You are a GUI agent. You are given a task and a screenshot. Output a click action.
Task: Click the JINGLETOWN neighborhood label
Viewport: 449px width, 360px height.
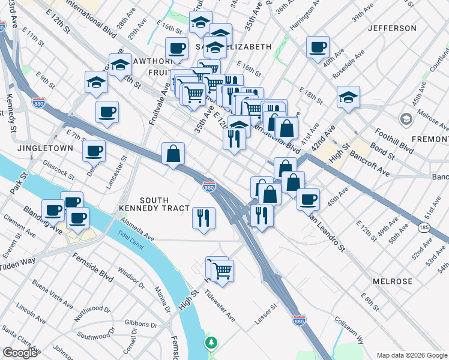click(45, 148)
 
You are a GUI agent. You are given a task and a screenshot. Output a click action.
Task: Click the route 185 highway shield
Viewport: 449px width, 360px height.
click(423, 227)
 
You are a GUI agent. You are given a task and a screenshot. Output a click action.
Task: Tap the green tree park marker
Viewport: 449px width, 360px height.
click(211, 343)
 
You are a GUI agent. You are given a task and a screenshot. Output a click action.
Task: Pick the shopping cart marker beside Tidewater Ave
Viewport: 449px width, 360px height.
click(222, 271)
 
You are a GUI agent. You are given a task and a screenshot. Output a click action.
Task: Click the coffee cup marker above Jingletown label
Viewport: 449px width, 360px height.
click(107, 112)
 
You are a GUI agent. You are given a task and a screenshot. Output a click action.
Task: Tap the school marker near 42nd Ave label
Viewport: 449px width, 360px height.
click(348, 97)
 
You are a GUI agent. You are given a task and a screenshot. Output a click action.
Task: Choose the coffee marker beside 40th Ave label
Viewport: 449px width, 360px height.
click(318, 47)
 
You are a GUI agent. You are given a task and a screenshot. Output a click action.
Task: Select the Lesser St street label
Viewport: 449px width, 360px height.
click(265, 313)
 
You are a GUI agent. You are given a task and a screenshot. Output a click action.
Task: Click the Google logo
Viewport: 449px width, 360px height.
click(20, 353)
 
